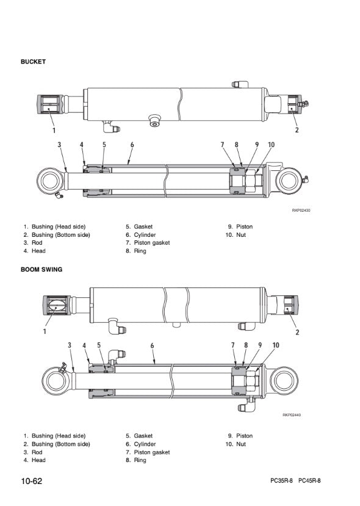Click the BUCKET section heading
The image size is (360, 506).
click(x=33, y=62)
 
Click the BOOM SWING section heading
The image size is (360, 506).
click(x=41, y=269)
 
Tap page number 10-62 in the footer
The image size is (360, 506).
click(x=32, y=481)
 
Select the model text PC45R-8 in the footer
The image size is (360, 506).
click(x=309, y=481)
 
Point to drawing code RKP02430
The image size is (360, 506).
click(x=301, y=211)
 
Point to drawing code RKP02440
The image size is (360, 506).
click(x=292, y=415)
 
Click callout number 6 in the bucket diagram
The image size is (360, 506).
click(x=132, y=145)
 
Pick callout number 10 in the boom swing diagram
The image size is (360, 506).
click(x=276, y=345)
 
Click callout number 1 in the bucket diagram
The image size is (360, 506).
click(x=54, y=130)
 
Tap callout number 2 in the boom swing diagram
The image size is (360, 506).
click(x=297, y=332)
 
